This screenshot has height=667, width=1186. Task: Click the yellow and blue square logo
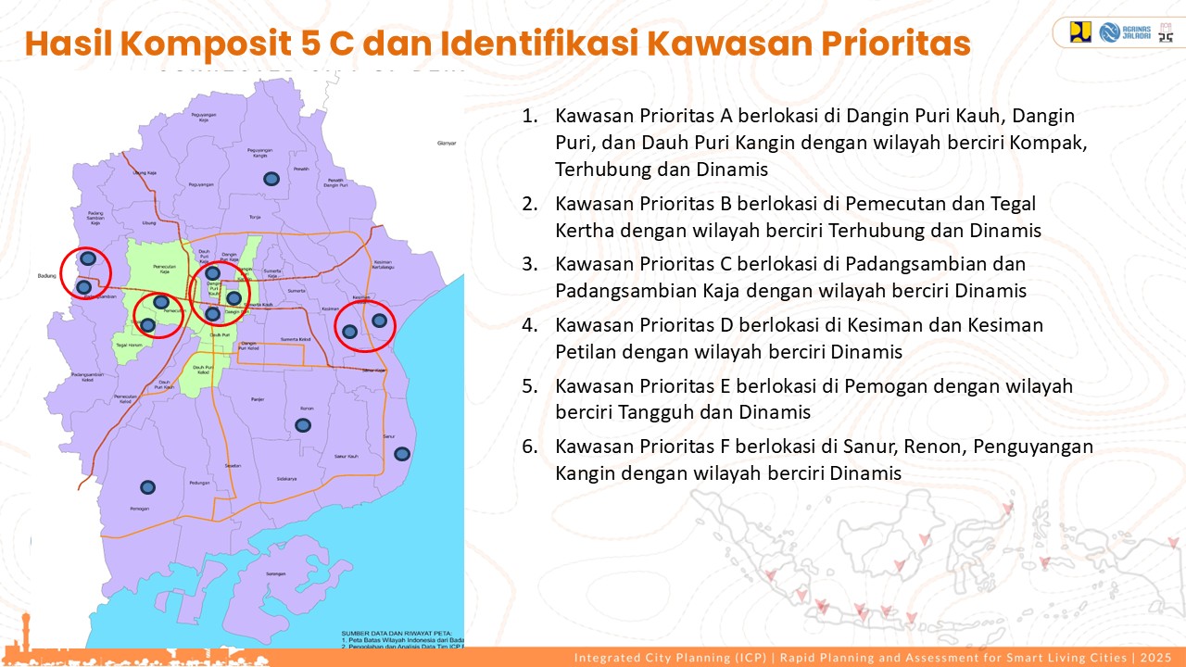(x=1080, y=32)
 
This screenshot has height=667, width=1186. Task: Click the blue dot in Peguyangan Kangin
(x=271, y=178)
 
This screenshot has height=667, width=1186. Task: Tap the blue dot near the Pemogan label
(x=147, y=486)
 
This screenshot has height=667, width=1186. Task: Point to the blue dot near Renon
(x=302, y=425)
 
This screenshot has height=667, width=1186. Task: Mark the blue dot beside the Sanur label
(x=401, y=453)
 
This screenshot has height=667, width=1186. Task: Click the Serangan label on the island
(x=274, y=574)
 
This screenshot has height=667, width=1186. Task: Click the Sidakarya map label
(x=286, y=479)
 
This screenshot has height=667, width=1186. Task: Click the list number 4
(x=529, y=325)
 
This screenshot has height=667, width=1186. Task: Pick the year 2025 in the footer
(x=1156, y=658)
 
